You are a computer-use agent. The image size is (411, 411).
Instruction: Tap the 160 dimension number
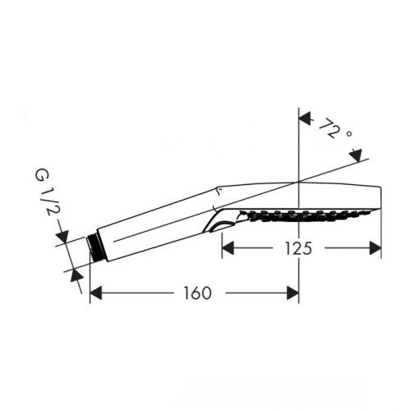pyautogui.click(x=193, y=293)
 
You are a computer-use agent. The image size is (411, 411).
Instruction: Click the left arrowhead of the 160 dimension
pyautogui.click(x=95, y=293)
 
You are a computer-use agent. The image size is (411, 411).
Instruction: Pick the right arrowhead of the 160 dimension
pyautogui.click(x=293, y=293)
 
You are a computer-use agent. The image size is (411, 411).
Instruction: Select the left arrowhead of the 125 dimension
pyautogui.click(x=227, y=247)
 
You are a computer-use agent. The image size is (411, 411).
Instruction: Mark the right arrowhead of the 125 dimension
pyautogui.click(x=376, y=247)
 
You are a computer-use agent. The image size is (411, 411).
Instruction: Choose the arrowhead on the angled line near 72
pyautogui.click(x=356, y=154)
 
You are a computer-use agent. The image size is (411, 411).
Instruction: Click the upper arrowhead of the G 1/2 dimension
pyautogui.click(x=62, y=238)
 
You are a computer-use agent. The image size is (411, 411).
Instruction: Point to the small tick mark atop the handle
pyautogui.click(x=218, y=191)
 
